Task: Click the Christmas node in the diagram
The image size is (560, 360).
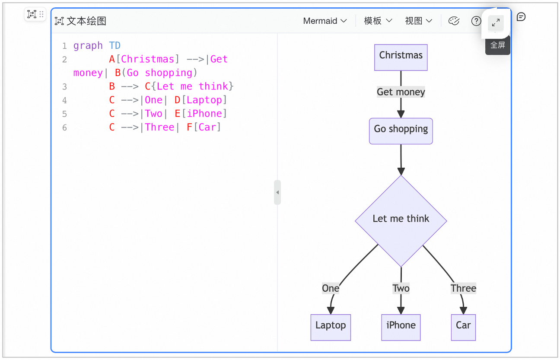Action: [x=401, y=57]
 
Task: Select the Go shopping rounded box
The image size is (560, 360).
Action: [x=401, y=131]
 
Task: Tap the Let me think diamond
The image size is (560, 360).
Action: [x=401, y=221]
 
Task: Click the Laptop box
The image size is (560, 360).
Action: [x=331, y=327]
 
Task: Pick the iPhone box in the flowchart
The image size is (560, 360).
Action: [x=401, y=327]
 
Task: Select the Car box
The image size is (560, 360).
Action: [x=463, y=327]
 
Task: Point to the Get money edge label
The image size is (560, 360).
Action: [x=401, y=92]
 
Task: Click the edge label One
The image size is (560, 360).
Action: [x=331, y=288]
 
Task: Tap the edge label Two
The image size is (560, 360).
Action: [x=401, y=288]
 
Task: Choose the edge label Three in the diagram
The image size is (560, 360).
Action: [x=463, y=288]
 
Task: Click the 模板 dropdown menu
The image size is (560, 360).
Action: [x=378, y=21]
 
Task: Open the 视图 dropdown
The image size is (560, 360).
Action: [x=419, y=21]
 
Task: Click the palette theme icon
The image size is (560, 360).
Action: [x=454, y=21]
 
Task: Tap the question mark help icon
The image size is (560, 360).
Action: [x=476, y=21]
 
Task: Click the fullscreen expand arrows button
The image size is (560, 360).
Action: [x=496, y=23]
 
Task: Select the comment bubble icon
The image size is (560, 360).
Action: [x=521, y=17]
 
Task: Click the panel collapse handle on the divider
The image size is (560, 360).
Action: [x=277, y=192]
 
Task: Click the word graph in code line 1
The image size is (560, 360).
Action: [x=88, y=46]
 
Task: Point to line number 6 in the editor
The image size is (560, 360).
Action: [x=64, y=127]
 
